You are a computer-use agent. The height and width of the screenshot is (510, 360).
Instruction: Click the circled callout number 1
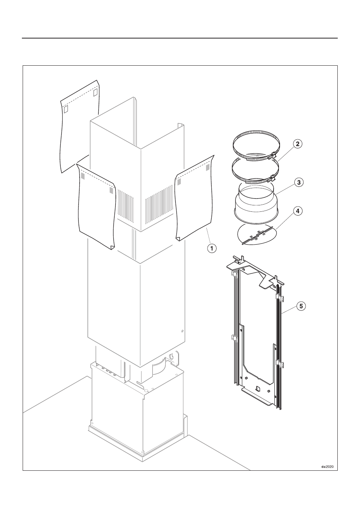pos(212,248)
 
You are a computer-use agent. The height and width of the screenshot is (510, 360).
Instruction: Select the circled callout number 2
pos(297,144)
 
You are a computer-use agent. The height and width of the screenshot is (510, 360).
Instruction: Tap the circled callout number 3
pos(298,182)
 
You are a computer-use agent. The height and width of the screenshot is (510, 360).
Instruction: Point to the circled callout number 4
pos(298,211)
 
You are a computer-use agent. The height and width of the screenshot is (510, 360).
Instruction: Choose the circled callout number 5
pos(301,306)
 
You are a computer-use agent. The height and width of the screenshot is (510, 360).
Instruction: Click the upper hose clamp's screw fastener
pos(272,156)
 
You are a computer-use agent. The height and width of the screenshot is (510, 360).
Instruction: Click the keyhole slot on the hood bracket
pos(172,355)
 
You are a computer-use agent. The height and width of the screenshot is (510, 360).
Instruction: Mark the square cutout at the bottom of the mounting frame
pos(258,388)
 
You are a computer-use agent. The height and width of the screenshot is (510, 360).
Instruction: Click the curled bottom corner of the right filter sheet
pos(178,238)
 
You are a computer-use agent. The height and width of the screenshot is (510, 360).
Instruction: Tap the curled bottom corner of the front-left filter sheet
pos(112,247)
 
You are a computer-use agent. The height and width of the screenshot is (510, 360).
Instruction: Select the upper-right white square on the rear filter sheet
pos(95,92)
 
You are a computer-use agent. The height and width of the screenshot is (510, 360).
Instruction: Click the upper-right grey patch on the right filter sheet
pos(208,167)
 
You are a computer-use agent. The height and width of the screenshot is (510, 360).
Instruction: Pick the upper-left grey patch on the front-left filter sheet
pos(83,176)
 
